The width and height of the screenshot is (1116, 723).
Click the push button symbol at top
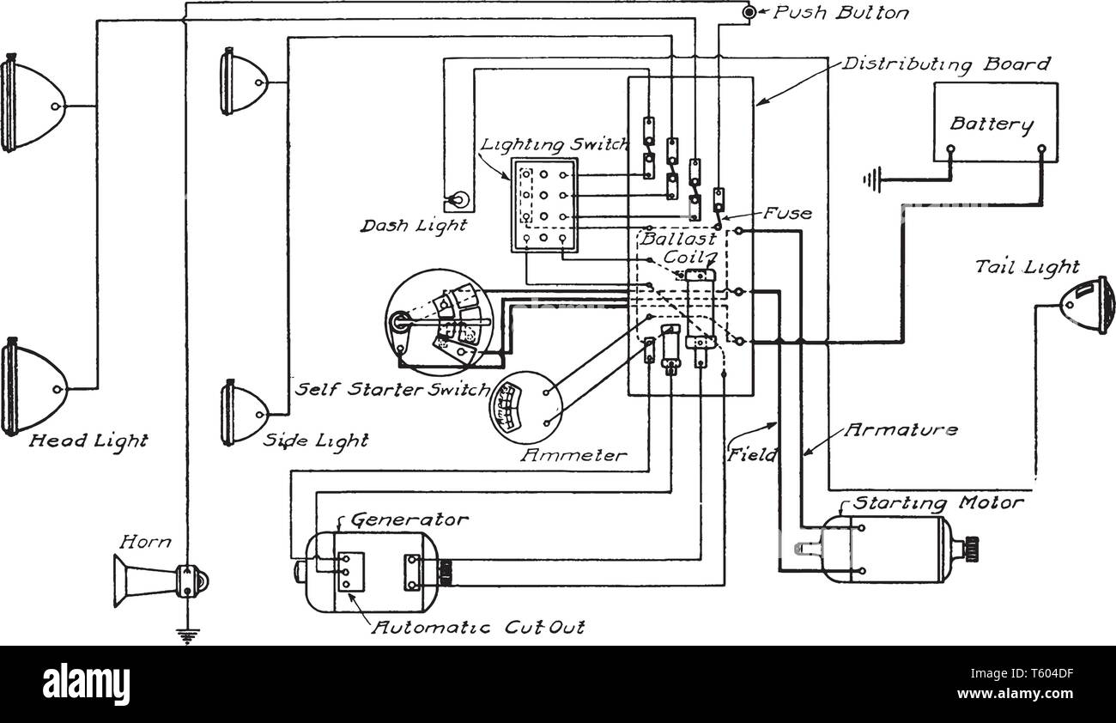click(749, 13)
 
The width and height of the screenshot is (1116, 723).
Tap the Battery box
click(995, 122)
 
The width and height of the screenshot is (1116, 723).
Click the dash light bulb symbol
click(460, 200)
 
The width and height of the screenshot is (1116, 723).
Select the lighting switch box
click(544, 205)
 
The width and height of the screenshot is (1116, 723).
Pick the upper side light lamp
click(243, 82)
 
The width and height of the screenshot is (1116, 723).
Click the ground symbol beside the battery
click(873, 180)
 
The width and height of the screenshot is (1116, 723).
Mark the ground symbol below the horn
click(184, 635)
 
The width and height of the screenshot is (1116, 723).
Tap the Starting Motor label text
click(937, 502)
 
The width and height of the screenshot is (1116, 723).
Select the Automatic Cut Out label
click(477, 627)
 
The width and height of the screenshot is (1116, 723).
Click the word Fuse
click(787, 212)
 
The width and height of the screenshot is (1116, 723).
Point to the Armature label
click(901, 429)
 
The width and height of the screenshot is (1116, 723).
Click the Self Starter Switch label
click(391, 389)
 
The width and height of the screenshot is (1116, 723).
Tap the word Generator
click(409, 519)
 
